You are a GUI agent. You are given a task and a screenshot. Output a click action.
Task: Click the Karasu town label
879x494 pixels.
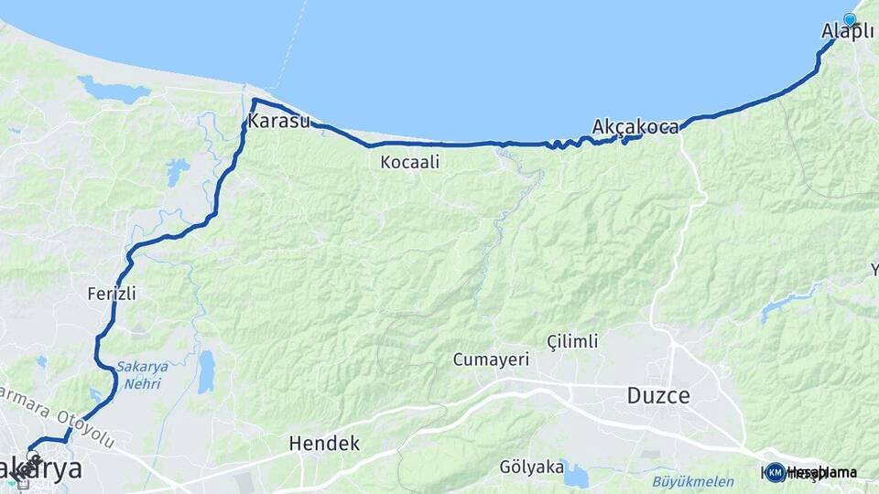(278, 122)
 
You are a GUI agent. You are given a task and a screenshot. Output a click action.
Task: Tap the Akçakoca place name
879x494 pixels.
(635, 127)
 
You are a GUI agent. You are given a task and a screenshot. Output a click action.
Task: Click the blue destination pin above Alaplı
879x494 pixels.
(850, 19)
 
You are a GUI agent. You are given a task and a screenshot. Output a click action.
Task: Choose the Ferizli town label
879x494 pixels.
(112, 294)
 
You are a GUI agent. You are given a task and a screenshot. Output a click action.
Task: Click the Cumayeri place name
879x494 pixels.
(491, 360)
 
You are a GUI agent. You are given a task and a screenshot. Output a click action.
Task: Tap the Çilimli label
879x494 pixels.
(572, 341)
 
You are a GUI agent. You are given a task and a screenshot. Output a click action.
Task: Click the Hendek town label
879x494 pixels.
(324, 444)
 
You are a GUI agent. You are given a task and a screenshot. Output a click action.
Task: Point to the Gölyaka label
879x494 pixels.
(531, 467)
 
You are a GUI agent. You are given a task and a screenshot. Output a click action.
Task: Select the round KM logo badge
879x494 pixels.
(776, 472)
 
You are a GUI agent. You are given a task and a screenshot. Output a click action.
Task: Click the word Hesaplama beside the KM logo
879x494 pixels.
(822, 472)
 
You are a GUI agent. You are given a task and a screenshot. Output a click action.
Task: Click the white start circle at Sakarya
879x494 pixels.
(33, 456)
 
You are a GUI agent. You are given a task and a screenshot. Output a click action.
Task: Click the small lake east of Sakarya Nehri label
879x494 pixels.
(206, 370)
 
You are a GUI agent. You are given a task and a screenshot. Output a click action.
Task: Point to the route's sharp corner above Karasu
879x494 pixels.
(254, 100)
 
